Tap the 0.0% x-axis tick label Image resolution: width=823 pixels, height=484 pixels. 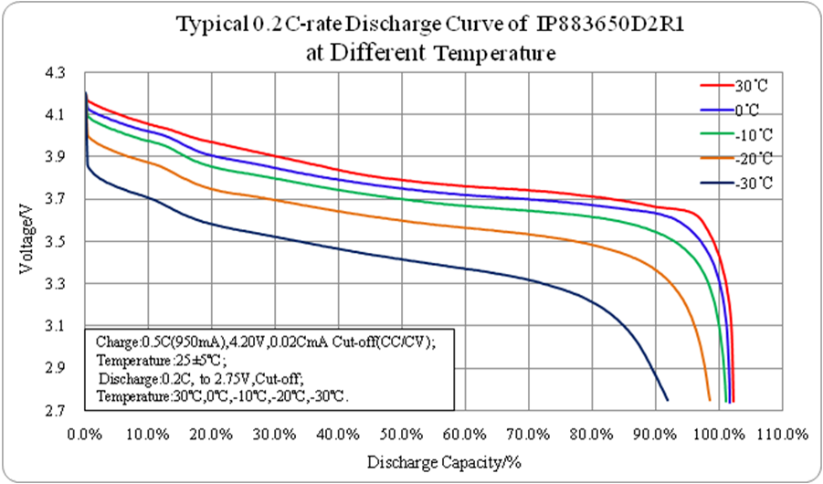85,432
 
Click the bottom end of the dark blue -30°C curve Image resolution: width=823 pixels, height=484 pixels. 668,399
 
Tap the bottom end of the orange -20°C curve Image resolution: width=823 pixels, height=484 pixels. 710,399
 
